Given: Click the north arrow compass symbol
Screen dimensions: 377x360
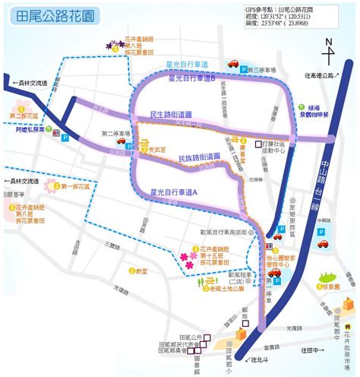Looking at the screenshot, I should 328,53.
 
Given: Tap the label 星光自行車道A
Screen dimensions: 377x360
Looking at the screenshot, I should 174,193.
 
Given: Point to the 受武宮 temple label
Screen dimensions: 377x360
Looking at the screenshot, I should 156,149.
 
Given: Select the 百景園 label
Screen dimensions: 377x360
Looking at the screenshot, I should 330,287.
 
